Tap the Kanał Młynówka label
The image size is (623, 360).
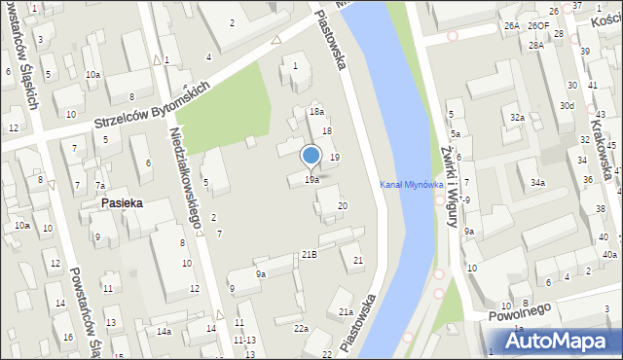coord(412,185)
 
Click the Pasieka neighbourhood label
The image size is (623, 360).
coord(122,203)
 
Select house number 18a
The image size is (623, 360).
coord(316,112)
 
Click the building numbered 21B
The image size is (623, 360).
coord(309,254)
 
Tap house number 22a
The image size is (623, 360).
coord(302,329)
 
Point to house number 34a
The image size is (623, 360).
coord(537,182)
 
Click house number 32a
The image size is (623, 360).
coord(518,118)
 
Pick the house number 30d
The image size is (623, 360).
coord(567,105)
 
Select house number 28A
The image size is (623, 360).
coord(536,46)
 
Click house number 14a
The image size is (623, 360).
coord(165,332)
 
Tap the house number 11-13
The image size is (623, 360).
coord(244,340)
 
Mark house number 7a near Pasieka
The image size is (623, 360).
coord(99,186)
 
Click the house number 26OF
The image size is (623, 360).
coord(539,26)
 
